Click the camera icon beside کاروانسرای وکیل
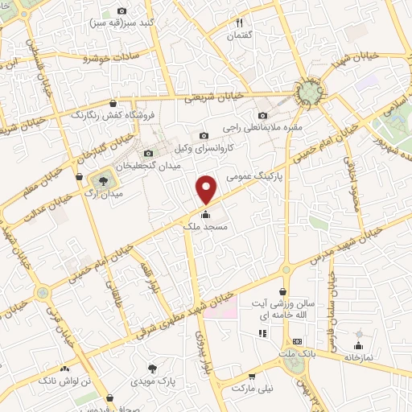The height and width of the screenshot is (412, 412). pos(204,135)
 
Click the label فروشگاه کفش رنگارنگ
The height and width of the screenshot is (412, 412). pos(89,115)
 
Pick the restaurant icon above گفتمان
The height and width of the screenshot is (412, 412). pos(239,23)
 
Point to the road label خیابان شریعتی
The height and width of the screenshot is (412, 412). pos(209,97)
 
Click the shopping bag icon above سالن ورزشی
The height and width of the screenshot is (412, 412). pos(283,292)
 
